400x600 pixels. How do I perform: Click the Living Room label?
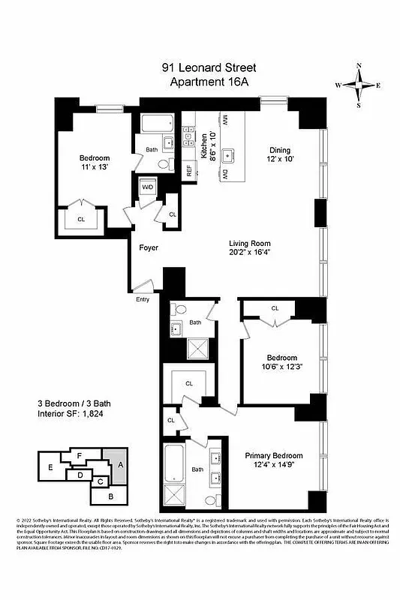(x=249, y=249)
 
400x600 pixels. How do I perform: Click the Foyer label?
(x=148, y=247)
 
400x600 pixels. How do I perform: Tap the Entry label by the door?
(x=143, y=300)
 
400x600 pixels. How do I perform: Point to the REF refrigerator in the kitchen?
(x=190, y=168)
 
